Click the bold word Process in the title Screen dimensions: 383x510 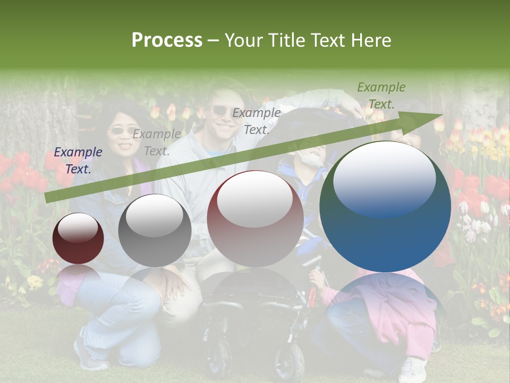click(x=167, y=40)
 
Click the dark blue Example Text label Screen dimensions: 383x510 click(x=78, y=160)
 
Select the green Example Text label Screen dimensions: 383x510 click(x=381, y=95)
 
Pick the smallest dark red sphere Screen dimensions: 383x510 click(x=78, y=238)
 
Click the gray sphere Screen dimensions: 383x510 click(x=155, y=230)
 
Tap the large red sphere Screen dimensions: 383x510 click(x=256, y=219)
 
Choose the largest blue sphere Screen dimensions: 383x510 click(x=385, y=207)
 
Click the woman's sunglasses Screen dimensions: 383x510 click(x=122, y=130)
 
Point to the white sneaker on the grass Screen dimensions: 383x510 click(x=413, y=370)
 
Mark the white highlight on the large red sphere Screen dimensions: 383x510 click(x=255, y=198)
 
